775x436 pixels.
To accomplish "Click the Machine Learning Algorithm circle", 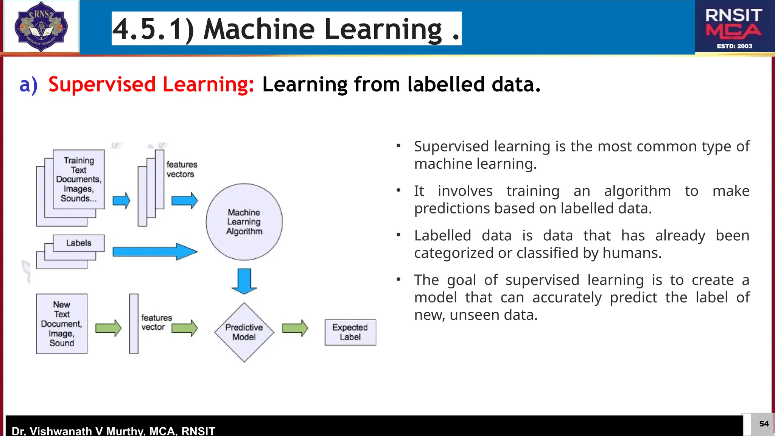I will click(x=244, y=222).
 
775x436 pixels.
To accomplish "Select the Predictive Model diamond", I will click(x=244, y=332).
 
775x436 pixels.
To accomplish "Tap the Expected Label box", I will click(x=350, y=332).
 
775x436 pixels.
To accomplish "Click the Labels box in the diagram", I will click(x=79, y=243).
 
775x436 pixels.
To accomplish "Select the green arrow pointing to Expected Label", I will click(x=295, y=328).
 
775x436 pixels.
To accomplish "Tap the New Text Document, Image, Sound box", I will click(x=62, y=324).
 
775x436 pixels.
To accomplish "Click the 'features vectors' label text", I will click(x=182, y=169).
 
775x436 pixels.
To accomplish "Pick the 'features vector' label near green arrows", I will click(x=156, y=322).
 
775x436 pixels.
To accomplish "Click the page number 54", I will click(x=764, y=424).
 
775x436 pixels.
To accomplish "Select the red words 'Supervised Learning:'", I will click(x=151, y=84).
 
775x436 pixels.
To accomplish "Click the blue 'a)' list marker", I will click(x=28, y=84).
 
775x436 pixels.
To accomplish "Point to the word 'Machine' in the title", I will click(x=259, y=29).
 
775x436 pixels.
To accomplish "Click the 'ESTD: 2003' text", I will click(x=734, y=46).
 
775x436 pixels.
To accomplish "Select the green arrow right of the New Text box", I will click(x=108, y=328).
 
